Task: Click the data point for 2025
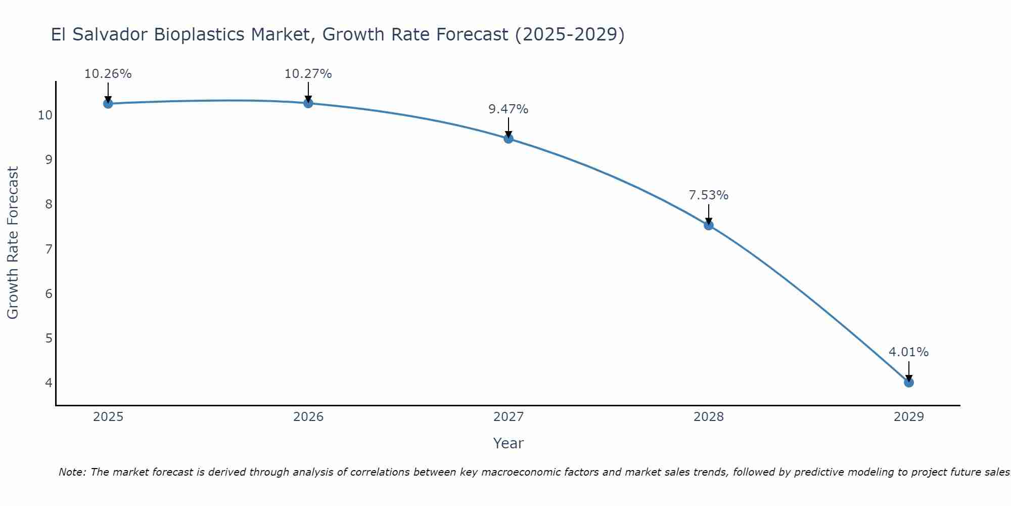tap(108, 104)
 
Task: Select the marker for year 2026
tap(308, 103)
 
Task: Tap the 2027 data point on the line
tap(509, 139)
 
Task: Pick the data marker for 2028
tap(709, 225)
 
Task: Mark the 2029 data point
tap(909, 383)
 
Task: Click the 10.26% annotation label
tap(108, 74)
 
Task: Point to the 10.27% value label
tap(308, 74)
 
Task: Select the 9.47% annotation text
tap(509, 109)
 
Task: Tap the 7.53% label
tap(709, 195)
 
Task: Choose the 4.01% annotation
tap(909, 352)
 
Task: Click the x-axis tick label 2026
tap(308, 417)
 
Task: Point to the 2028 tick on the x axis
tap(709, 417)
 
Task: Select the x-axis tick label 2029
tap(909, 417)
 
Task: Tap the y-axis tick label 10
tap(45, 115)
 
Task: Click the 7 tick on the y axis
tap(49, 249)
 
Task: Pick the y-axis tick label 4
tap(49, 383)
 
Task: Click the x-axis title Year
tap(509, 443)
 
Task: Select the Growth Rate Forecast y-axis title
tap(13, 243)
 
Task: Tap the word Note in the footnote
tap(72, 472)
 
